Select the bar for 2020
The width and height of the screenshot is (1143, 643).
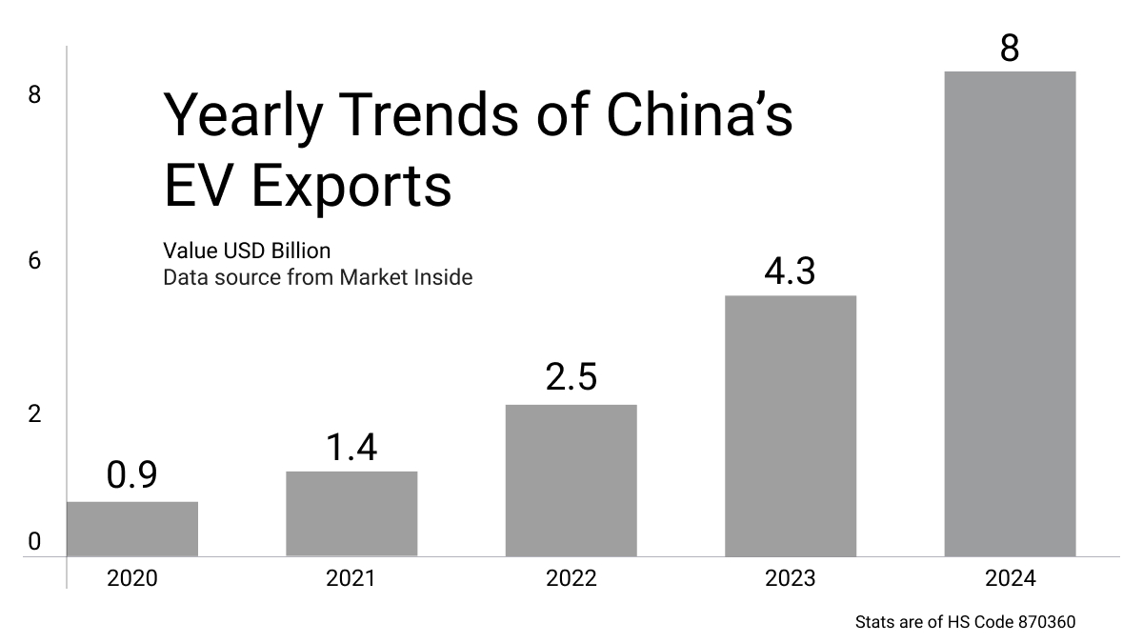[x=132, y=529]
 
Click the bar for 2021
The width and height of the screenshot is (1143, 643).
[x=351, y=513]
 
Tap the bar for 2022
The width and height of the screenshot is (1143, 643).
[x=571, y=480]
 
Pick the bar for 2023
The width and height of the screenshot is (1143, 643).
[x=791, y=426]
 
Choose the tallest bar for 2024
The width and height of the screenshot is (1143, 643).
[x=1010, y=313]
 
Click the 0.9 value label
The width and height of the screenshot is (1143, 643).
[x=132, y=475]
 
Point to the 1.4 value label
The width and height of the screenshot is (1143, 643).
[x=351, y=447]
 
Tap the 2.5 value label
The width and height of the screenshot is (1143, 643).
[x=571, y=377]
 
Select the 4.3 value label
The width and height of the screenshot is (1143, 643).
[x=791, y=271]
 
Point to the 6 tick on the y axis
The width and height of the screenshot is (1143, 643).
[x=35, y=261]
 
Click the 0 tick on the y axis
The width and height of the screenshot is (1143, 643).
[x=35, y=542]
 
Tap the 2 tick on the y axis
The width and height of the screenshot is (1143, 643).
[x=35, y=414]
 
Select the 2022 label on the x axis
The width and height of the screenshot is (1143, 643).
[x=571, y=578]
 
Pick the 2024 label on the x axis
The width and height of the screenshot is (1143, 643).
[x=1010, y=578]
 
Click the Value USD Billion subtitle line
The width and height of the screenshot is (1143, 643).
[x=247, y=251]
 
